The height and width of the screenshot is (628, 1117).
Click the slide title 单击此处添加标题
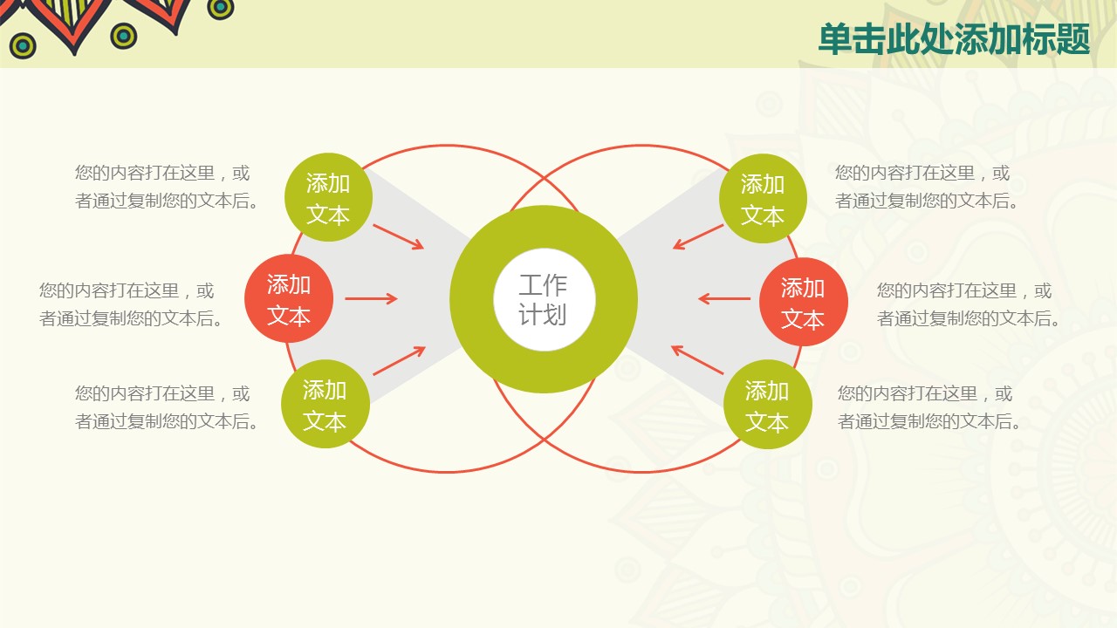954,39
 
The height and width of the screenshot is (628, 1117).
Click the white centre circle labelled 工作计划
544,299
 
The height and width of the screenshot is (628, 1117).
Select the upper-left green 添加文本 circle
328,197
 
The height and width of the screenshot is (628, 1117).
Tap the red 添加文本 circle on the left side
289,298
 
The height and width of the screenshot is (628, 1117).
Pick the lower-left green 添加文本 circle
326,404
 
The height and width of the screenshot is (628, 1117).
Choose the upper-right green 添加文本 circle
763,198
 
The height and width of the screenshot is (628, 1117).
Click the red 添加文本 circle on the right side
804,302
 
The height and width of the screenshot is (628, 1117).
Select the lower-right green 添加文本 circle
767,404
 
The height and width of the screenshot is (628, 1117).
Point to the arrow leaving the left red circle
371,298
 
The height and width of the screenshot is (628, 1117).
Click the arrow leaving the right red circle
724,298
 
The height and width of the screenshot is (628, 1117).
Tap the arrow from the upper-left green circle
399,236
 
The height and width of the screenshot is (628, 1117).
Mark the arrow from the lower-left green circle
399,360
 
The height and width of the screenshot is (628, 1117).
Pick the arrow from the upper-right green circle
697,236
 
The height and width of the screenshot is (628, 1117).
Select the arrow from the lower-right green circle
697,359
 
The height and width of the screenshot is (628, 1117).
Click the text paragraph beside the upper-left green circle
167,187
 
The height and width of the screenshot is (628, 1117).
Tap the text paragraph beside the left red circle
131,304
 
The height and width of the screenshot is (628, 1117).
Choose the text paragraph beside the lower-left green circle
167,407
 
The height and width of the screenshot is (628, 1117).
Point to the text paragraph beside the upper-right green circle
928,187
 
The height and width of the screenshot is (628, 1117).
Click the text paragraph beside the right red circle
970,304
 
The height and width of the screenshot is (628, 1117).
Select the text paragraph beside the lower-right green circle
930,407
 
